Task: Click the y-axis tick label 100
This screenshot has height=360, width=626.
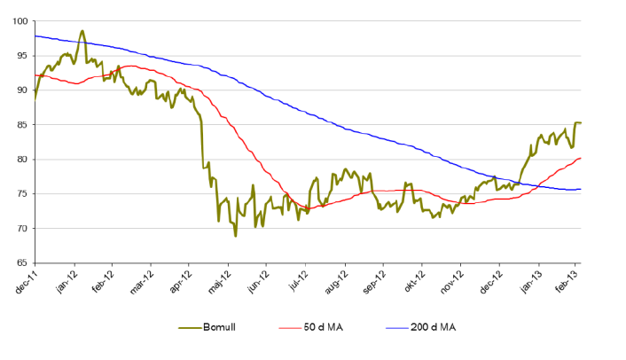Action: [19, 20]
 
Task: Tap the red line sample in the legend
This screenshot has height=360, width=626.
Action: [290, 328]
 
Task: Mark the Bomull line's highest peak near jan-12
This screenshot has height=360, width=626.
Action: [82, 31]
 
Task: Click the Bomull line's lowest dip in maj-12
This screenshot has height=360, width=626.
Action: [235, 236]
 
